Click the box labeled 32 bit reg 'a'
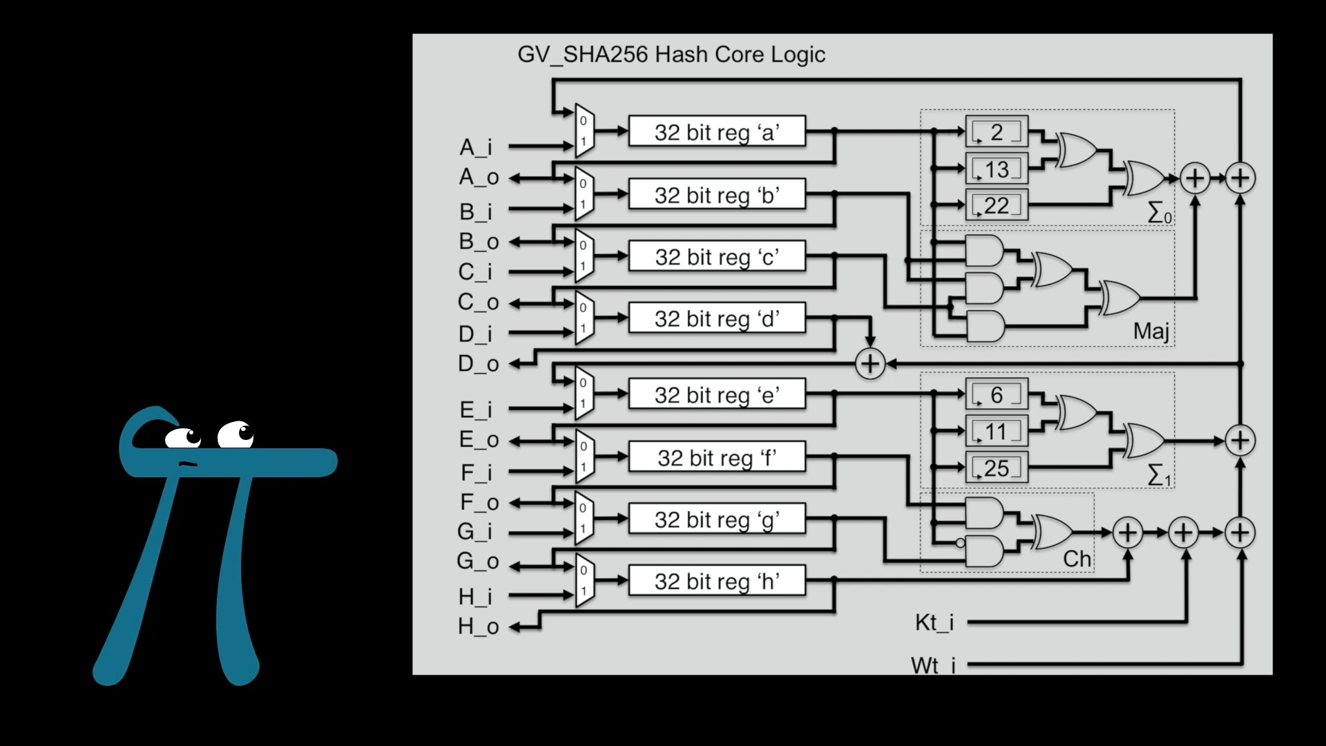click(x=717, y=131)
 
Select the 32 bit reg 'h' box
click(x=717, y=581)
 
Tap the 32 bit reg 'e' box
click(x=717, y=394)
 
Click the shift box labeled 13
click(x=997, y=169)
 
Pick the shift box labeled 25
click(x=997, y=468)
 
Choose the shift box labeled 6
click(x=997, y=394)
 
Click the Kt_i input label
click(x=934, y=622)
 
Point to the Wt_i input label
click(x=934, y=665)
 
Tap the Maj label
click(x=1151, y=332)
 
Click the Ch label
click(x=1077, y=558)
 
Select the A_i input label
click(x=476, y=147)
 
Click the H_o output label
click(x=478, y=627)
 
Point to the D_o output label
click(x=478, y=363)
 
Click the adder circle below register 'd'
click(x=870, y=363)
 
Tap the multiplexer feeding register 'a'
click(x=584, y=131)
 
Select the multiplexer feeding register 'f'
click(x=584, y=456)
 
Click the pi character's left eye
click(x=182, y=438)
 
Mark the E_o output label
click(x=479, y=439)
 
